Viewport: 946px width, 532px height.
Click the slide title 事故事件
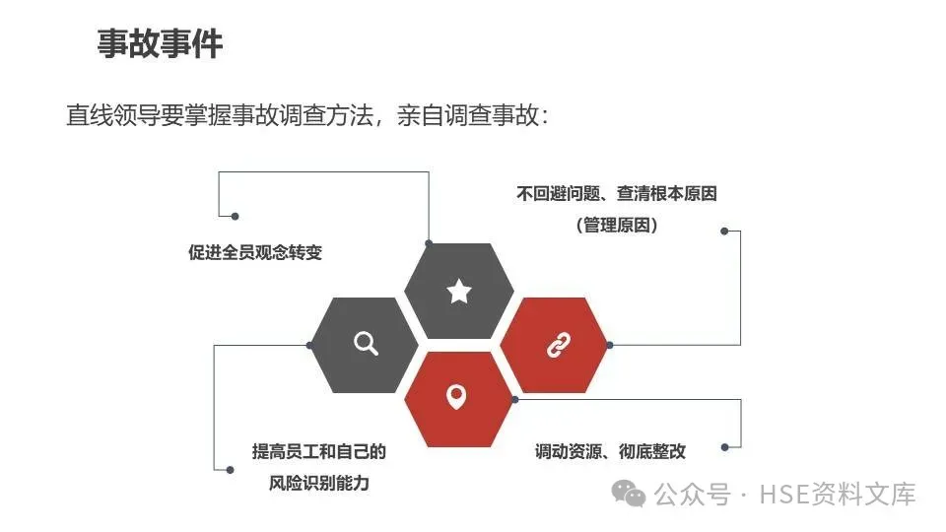point(160,44)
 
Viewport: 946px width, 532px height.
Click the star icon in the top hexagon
point(458,291)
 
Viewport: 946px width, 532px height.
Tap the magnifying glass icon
point(366,343)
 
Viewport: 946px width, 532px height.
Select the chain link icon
point(558,345)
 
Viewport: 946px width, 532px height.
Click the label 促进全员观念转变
point(255,252)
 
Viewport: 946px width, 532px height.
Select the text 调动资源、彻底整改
point(610,452)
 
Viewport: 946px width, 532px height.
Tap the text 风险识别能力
point(318,484)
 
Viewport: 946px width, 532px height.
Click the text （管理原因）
point(617,225)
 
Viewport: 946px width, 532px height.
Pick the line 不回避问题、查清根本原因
point(617,194)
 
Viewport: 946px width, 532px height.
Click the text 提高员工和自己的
point(318,452)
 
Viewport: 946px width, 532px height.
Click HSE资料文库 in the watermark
point(838,493)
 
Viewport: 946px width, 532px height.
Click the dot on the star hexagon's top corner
point(429,242)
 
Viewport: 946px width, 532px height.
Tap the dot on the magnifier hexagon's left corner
point(310,345)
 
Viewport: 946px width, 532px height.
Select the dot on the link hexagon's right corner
point(610,345)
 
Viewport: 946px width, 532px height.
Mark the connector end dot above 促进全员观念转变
point(235,215)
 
